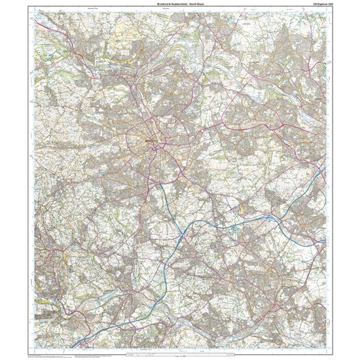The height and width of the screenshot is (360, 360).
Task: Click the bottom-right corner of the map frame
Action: coord(326,350)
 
